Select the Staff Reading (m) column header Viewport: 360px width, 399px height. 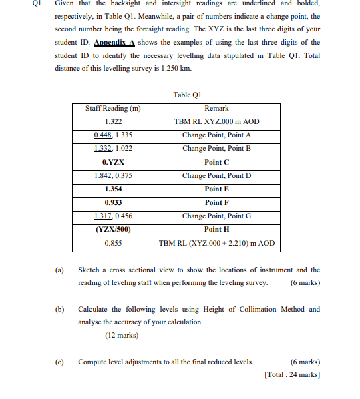click(113, 108)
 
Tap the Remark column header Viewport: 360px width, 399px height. click(216, 108)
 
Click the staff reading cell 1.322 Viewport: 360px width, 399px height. click(113, 121)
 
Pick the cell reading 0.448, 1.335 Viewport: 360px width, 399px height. click(113, 135)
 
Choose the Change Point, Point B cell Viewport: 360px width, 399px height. click(216, 148)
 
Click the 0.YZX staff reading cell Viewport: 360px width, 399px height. click(113, 162)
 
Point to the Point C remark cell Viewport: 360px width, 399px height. click(216, 162)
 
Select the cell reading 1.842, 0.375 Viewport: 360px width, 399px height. click(113, 175)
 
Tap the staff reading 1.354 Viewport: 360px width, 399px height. click(113, 189)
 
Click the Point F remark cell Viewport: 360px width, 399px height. click(216, 202)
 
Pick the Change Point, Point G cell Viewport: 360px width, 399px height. click(216, 216)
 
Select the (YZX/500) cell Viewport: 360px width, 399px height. click(113, 229)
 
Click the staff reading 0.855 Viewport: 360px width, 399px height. click(113, 244)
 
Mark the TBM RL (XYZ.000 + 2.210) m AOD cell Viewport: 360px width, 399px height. click(216, 244)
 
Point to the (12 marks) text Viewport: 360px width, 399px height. click(123, 335)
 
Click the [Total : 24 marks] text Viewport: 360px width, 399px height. click(291, 374)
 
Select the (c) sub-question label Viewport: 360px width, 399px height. click(59, 362)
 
